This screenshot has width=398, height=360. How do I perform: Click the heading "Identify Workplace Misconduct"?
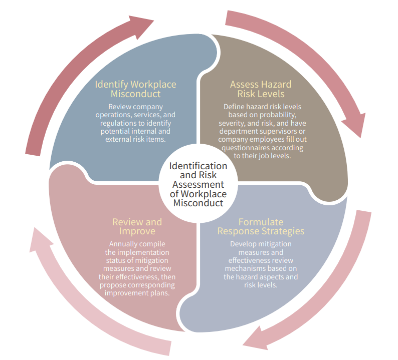click(135, 89)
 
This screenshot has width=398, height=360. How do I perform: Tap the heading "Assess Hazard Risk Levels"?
click(260, 89)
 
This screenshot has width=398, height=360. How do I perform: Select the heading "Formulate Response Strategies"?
click(261, 226)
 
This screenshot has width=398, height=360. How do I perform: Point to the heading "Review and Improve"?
click(137, 226)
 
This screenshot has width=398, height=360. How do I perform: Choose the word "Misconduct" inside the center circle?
click(198, 203)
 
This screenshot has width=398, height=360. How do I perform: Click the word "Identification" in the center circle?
click(198, 166)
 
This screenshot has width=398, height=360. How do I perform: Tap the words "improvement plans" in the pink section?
click(137, 293)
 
